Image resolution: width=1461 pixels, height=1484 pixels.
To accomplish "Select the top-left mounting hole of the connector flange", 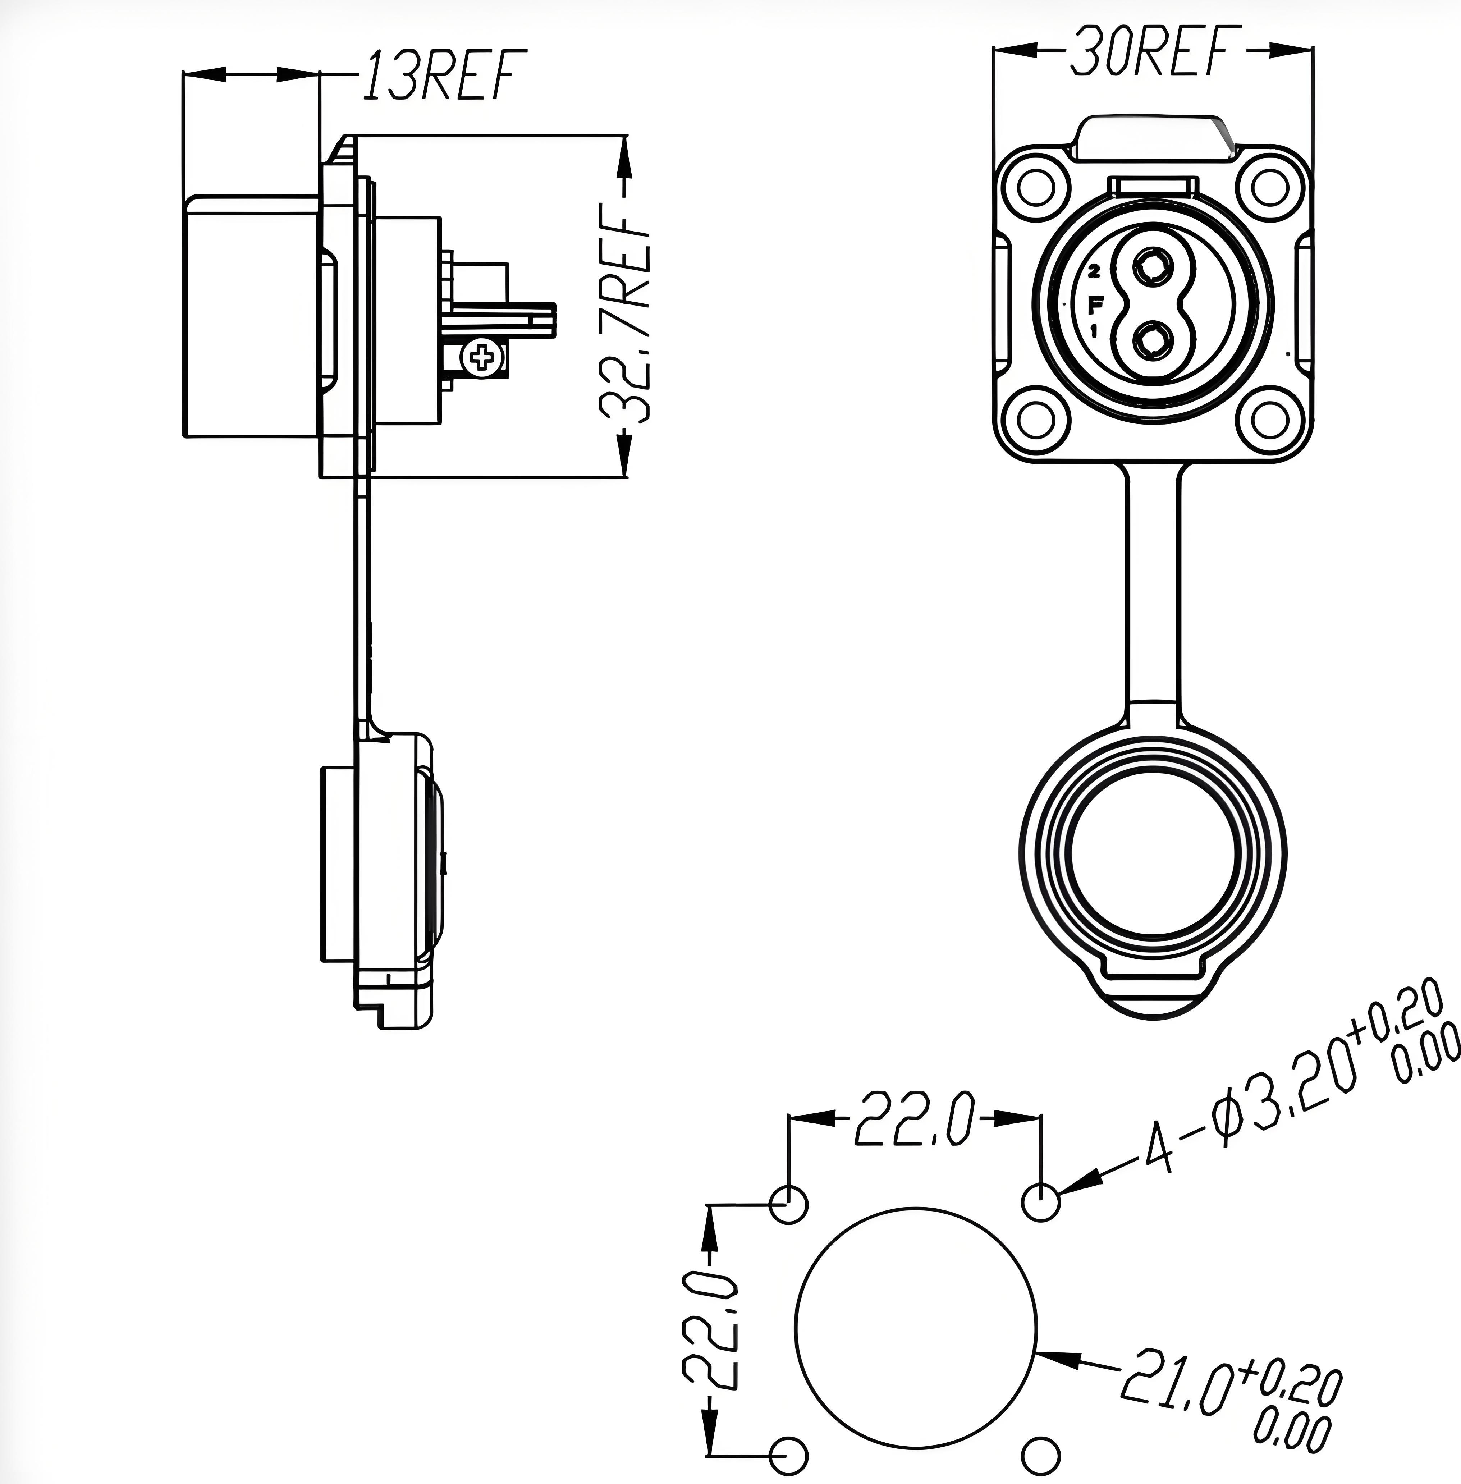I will [1039, 186].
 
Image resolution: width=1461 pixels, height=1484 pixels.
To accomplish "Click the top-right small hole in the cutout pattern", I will [1041, 1203].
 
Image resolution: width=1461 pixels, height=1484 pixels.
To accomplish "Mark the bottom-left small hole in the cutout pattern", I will [788, 1455].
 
